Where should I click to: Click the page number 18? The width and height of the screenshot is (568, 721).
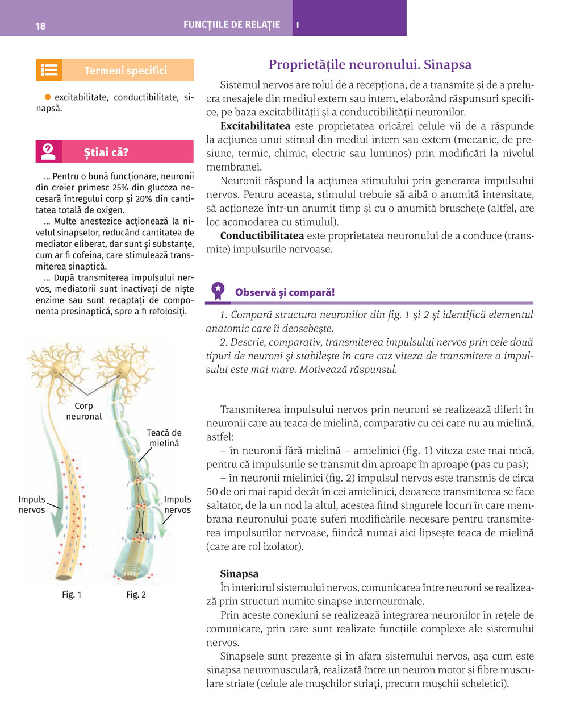coord(40,26)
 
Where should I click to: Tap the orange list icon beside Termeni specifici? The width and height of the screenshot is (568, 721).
coord(49,70)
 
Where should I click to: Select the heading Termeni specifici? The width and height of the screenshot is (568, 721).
coord(126,71)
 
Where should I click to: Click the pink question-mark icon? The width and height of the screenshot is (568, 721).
coord(49,152)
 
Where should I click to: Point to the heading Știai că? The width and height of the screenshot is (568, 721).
coord(106,152)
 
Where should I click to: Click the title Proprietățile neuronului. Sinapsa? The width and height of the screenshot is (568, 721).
coord(370,65)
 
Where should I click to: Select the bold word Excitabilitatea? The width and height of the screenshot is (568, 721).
coord(255,126)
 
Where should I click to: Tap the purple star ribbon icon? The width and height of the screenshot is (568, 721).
coord(218,291)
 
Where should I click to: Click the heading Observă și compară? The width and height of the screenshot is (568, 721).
coord(285,292)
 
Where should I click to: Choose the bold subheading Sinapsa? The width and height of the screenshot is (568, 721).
coord(239,574)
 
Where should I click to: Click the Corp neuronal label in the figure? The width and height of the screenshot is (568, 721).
coord(83,411)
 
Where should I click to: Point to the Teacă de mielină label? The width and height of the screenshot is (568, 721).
coord(164,438)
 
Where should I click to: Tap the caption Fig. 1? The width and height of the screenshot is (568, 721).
coord(72,595)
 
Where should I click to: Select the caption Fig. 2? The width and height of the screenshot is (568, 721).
coord(136,595)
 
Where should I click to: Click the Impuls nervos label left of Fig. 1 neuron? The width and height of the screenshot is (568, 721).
coord(32,504)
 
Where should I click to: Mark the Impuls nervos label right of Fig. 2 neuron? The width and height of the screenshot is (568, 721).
coord(177,504)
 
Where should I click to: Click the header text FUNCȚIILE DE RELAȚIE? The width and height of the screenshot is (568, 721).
coord(232,25)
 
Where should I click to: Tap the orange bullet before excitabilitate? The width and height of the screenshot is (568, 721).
coord(48,97)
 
